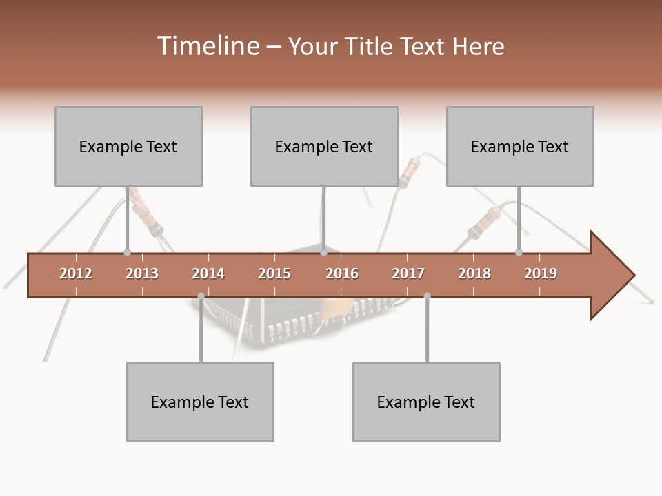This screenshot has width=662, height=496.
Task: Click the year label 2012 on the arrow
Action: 76,273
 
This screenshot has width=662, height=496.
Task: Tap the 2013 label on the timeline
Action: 142,273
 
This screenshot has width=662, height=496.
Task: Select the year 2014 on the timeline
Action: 208,273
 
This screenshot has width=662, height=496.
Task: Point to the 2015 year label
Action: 274,273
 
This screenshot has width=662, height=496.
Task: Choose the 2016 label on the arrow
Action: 342,273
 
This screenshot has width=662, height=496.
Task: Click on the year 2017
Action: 408,273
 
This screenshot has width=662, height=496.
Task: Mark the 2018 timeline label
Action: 474,273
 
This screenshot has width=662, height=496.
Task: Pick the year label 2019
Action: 541,273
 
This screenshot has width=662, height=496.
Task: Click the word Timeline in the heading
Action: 207,46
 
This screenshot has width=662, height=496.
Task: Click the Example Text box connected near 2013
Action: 128,146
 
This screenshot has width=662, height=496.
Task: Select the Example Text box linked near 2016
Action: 324,146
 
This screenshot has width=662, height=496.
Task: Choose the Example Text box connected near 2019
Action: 520,146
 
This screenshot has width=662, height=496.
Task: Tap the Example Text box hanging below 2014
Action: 200,402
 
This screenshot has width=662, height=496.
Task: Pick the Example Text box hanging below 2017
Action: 426,402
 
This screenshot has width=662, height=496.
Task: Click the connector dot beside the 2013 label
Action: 127,252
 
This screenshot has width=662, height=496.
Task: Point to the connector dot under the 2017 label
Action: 427,296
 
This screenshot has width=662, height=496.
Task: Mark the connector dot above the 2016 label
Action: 323,252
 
